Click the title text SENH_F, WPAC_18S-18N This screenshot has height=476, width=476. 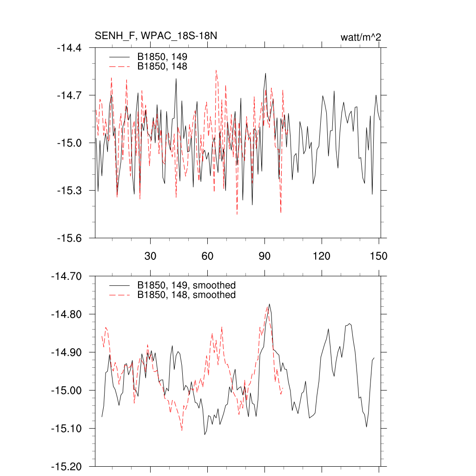click(156, 36)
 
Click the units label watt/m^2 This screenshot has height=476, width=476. click(361, 37)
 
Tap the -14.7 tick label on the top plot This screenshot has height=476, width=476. click(69, 95)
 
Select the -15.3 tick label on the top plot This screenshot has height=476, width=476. click(69, 191)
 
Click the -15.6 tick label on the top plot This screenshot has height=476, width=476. click(69, 238)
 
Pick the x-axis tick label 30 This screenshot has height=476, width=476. click(151, 256)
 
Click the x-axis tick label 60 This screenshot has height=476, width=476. click(207, 256)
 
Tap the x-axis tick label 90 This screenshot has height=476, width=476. click(264, 256)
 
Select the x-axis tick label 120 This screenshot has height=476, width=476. click(322, 256)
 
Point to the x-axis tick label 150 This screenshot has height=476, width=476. click(378, 256)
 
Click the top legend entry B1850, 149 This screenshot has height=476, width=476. click(162, 57)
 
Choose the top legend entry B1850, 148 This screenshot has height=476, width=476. click(162, 66)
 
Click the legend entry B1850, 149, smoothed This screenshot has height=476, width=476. click(186, 285)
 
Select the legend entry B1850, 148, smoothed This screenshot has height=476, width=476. click(186, 295)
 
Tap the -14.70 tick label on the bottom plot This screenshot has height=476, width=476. click(66, 276)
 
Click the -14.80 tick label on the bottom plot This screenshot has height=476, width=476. click(66, 314)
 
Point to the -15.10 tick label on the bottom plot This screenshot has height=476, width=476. click(66, 429)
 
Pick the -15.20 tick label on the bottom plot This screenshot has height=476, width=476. click(66, 466)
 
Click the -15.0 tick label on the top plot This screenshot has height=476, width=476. click(69, 143)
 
